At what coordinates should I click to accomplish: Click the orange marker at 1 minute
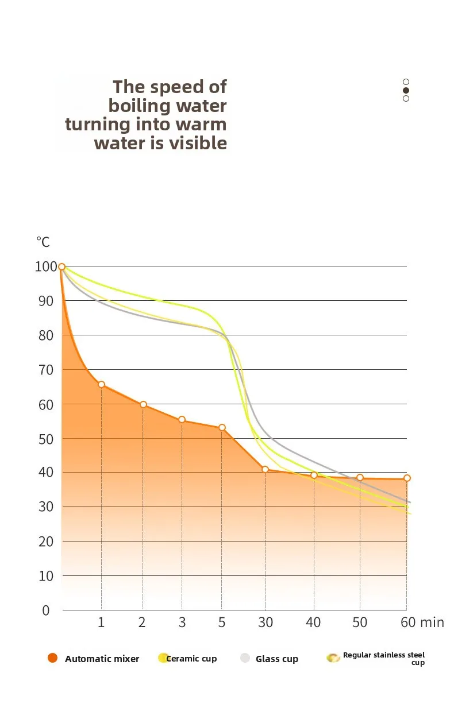click(101, 384)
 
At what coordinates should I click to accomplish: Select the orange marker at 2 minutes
click(143, 404)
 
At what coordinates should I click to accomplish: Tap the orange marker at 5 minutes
click(222, 427)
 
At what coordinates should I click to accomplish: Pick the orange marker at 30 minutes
click(265, 469)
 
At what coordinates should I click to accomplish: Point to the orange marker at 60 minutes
click(407, 478)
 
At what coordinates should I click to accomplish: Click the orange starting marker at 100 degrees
click(61, 266)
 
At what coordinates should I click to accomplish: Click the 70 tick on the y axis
click(46, 370)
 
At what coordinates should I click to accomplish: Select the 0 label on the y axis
click(46, 610)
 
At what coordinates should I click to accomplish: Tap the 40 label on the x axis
click(313, 622)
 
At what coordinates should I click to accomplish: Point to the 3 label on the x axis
click(182, 622)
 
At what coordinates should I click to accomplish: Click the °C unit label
click(43, 242)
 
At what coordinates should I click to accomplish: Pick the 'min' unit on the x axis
click(432, 622)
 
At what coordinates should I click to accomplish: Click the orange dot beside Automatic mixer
click(53, 658)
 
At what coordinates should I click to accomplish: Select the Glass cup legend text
click(277, 659)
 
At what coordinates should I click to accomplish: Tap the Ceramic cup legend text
click(191, 658)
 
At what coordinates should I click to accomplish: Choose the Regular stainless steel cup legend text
click(384, 658)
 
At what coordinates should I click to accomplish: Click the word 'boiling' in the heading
click(140, 106)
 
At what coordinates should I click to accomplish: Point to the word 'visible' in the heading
click(197, 143)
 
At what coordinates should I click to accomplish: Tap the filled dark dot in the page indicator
click(406, 90)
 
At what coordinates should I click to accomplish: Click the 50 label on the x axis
click(360, 622)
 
